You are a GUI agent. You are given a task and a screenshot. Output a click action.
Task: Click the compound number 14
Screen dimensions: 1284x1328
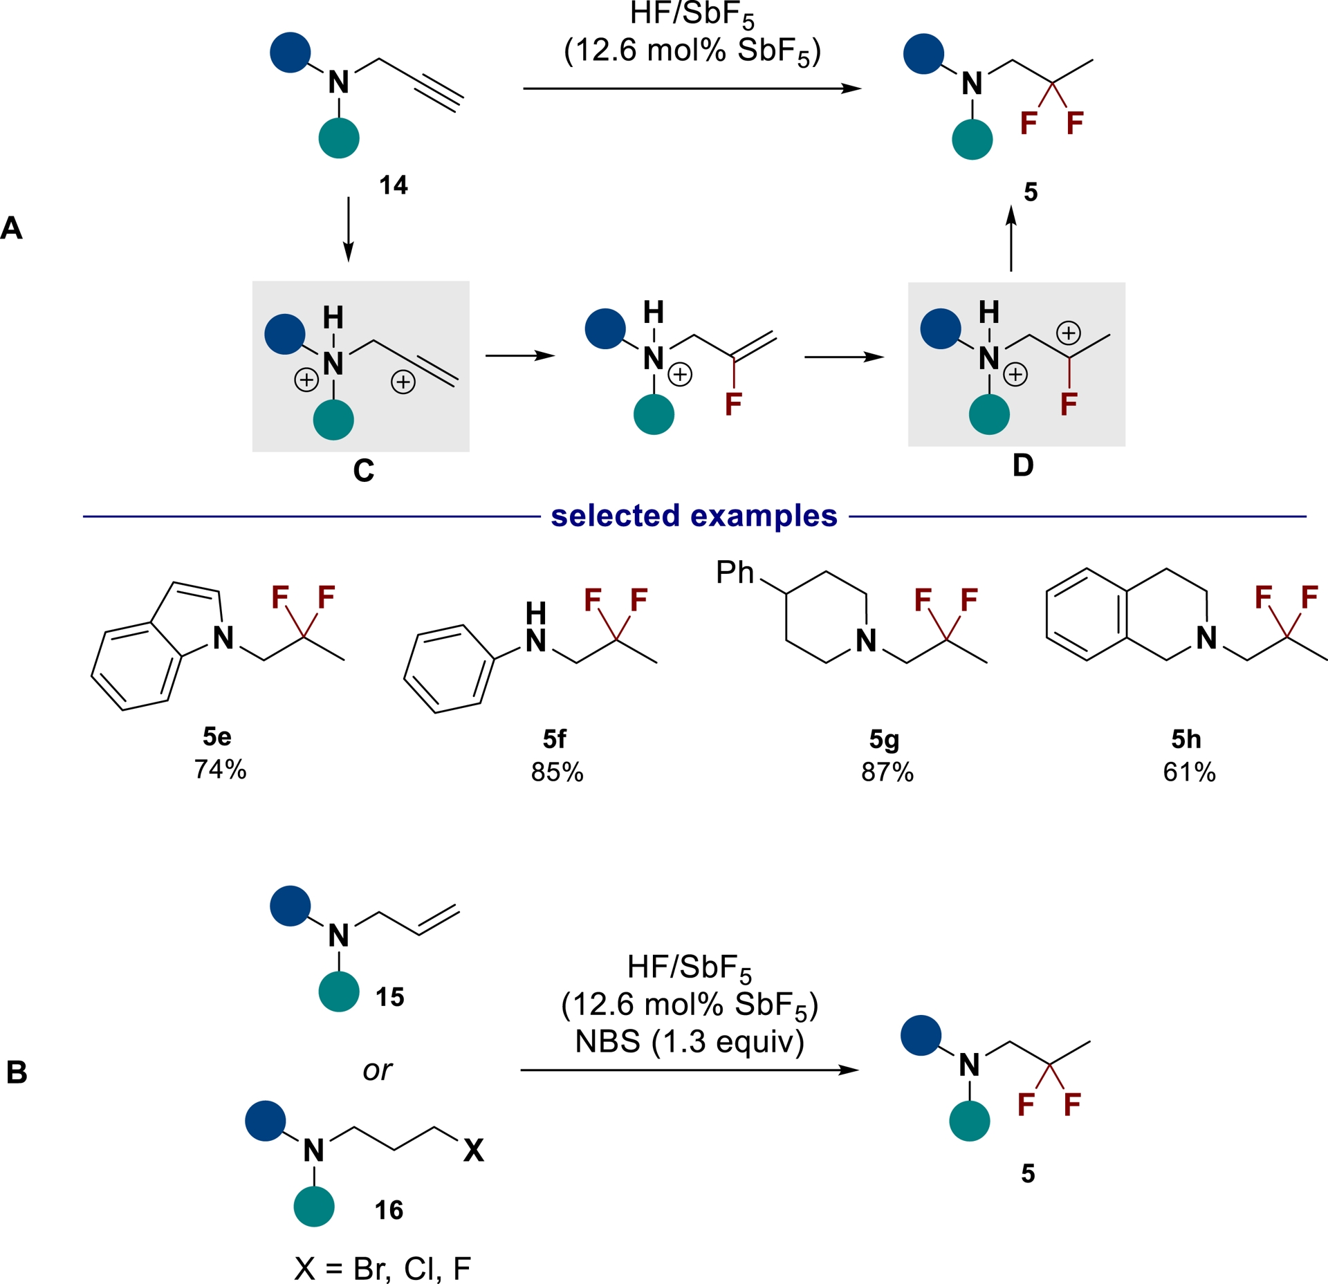394,185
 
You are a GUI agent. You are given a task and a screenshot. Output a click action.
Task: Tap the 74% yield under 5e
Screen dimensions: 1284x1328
220,769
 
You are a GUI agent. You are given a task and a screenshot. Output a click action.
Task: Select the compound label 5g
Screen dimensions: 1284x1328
884,739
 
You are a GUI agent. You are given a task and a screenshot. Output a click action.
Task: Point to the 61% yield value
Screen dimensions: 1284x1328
1189,772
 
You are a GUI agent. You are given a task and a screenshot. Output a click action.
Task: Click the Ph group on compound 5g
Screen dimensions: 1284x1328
735,573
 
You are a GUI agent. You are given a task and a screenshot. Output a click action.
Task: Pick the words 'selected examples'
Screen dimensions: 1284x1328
694,516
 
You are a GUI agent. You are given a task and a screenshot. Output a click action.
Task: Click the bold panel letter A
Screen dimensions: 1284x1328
12,228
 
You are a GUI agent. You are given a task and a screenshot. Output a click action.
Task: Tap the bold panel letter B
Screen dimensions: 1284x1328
17,1072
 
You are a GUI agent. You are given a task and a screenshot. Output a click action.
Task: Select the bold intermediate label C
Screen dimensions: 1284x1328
363,471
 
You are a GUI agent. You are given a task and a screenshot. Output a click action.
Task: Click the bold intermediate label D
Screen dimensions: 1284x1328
1023,465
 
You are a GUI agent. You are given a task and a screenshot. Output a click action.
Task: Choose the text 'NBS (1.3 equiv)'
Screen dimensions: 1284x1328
690,1041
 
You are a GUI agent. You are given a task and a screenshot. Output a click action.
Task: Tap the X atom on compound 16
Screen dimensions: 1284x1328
474,1151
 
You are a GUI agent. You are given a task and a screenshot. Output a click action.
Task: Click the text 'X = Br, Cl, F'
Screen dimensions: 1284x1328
382,1268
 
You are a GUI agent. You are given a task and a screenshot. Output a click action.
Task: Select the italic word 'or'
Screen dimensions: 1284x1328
377,1070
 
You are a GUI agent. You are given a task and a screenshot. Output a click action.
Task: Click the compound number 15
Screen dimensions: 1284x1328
390,997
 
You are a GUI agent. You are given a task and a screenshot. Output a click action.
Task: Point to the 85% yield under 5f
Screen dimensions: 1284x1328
557,772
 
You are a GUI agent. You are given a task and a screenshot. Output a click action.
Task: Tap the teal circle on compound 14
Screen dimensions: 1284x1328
339,138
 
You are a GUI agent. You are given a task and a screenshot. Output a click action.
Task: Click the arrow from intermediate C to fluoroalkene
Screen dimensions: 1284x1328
520,355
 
